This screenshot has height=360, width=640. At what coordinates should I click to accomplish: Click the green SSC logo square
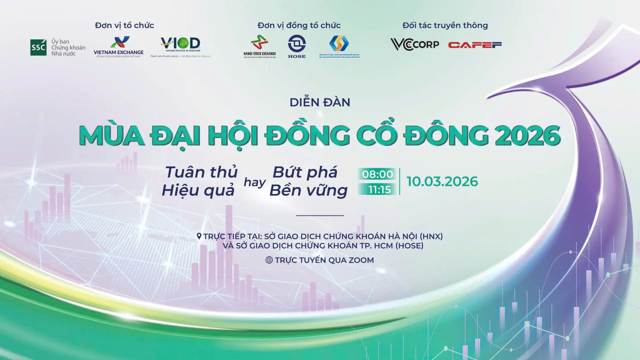pos(38,47)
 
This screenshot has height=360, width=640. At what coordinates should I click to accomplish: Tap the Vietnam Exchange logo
pos(119,47)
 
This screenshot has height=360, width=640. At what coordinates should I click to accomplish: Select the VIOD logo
pos(180,46)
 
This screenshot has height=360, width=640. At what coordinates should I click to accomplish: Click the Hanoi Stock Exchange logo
pos(260,47)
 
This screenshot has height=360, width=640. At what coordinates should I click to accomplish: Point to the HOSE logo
pos(297,46)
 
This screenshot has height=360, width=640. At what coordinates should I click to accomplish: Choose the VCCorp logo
pos(415,45)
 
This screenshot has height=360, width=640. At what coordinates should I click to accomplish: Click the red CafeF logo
pos(475,45)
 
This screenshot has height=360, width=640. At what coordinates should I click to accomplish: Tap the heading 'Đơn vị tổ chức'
pos(124,25)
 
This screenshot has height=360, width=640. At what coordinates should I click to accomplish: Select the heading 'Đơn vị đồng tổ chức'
pos(299,25)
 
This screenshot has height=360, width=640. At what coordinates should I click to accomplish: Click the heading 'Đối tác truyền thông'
pos(445,25)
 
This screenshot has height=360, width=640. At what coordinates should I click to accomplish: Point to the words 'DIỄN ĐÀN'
pos(320,102)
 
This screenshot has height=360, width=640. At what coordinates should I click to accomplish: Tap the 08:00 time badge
pos(377,174)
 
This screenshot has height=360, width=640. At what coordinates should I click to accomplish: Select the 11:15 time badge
pos(379,190)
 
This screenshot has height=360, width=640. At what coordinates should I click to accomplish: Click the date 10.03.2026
pos(442,182)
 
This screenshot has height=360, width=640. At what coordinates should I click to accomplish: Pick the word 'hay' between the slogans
pos(255,182)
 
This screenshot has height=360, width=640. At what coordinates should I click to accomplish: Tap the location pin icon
pos(199,236)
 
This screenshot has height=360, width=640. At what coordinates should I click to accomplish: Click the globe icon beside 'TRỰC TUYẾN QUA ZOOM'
pos(269,260)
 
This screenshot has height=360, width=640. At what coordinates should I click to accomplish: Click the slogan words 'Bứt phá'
pos(305,172)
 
